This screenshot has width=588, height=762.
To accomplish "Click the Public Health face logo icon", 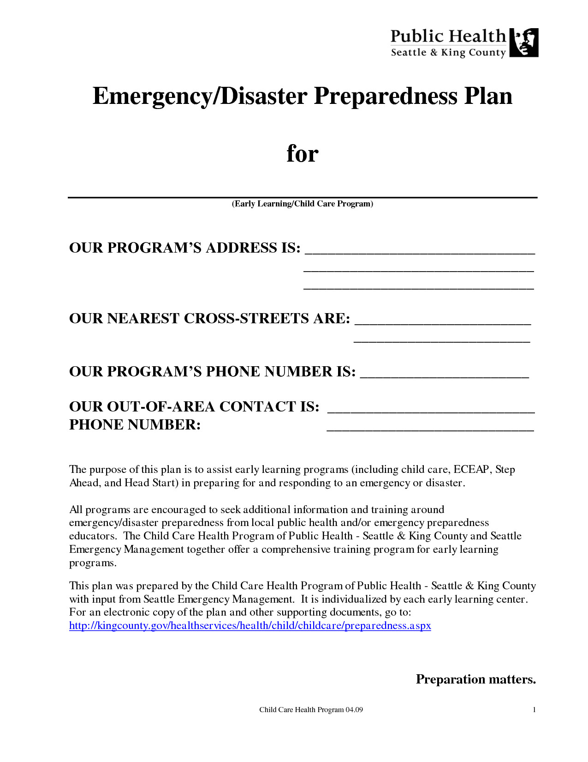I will (x=524, y=42).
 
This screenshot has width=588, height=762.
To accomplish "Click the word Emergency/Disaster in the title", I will (x=200, y=96).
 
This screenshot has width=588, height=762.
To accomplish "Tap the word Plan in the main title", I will (x=488, y=96).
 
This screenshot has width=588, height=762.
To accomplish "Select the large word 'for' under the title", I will (x=302, y=153).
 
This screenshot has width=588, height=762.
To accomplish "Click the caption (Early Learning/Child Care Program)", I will (x=302, y=204).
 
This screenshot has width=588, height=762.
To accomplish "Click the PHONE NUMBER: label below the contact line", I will (x=135, y=425).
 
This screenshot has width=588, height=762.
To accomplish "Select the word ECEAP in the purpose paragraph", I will (x=471, y=470).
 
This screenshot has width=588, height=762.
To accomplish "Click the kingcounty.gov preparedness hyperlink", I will (x=250, y=626).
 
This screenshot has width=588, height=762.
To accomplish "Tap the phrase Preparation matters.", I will (x=475, y=679).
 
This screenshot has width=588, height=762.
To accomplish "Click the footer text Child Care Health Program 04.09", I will (x=311, y=710).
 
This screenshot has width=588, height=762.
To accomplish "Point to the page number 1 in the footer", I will (x=534, y=710).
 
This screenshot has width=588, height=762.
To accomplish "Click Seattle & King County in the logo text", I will (x=448, y=53).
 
